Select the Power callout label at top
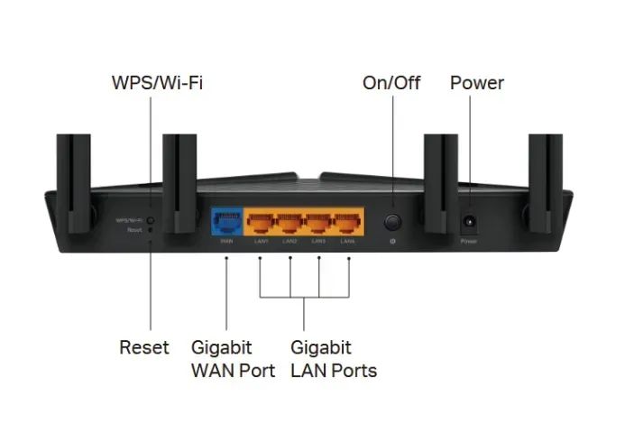click(476, 84)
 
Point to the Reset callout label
click(144, 347)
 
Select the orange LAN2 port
click(290, 222)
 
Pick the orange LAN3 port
click(319, 222)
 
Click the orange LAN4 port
click(348, 222)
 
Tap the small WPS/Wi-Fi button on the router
click(151, 220)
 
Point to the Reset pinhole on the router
click(151, 230)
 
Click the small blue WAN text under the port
click(227, 242)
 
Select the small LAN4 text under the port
click(348, 242)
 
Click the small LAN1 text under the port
click(260, 242)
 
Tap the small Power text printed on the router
click(469, 242)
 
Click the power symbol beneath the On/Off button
click(393, 241)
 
